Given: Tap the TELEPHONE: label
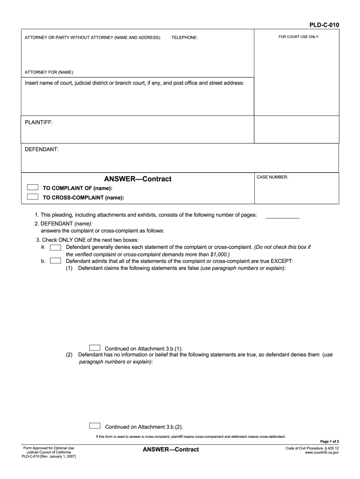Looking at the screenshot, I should click(184, 37).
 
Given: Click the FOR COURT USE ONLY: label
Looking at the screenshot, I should click(299, 36).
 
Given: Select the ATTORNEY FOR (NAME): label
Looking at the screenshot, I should click(49, 72).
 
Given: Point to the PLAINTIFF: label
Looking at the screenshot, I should click(38, 122).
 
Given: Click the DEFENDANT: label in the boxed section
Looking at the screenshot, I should click(41, 149).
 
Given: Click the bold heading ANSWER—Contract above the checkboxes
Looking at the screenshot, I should click(137, 179).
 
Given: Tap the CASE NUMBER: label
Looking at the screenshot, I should click(273, 177).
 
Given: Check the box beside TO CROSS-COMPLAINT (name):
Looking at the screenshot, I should click(32, 197).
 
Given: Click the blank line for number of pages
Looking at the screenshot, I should click(282, 217).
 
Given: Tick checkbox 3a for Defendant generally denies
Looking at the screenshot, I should click(55, 247).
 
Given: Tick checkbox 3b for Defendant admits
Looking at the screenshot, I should click(55, 261).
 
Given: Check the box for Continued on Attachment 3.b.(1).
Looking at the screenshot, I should click(94, 348).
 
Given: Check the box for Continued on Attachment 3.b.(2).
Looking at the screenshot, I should click(94, 426).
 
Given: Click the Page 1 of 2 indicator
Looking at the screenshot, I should click(329, 442).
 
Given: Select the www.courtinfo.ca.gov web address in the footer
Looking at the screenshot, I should click(322, 453).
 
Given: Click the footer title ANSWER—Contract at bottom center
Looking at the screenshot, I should click(171, 450).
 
